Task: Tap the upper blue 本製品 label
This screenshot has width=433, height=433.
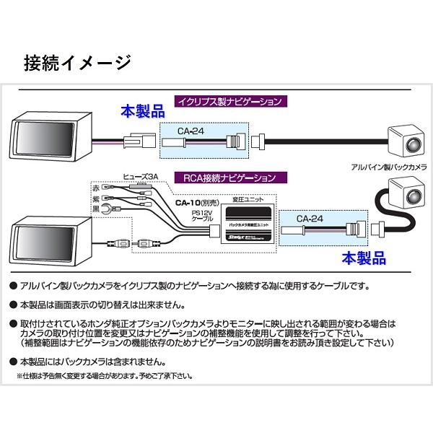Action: [x=142, y=113]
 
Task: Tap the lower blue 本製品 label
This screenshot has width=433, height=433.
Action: [x=344, y=256]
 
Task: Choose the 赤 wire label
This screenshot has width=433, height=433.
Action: [x=97, y=187]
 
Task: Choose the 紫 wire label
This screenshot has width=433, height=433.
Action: [x=97, y=198]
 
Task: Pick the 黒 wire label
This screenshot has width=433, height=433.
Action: [x=97, y=210]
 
